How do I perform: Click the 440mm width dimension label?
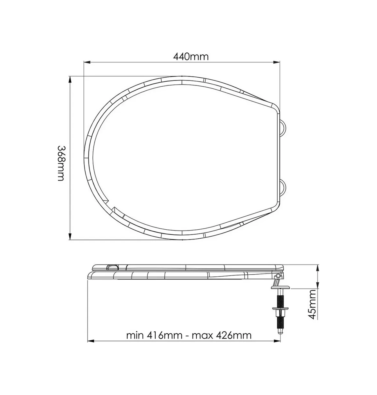click(191, 56)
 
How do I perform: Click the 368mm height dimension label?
click(61, 163)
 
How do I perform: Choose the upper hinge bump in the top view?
click(284, 127)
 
